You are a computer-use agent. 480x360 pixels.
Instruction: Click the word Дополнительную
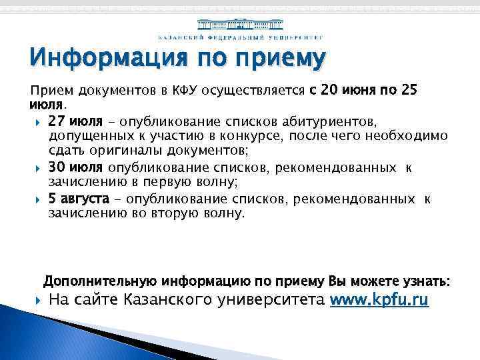coord(96,281)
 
